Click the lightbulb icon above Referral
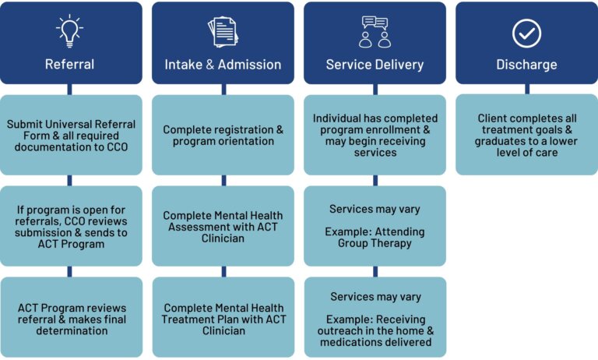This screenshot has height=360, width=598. tap(70, 30)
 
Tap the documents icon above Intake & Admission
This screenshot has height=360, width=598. tap(223, 31)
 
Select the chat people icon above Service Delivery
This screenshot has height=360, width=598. tap(375, 31)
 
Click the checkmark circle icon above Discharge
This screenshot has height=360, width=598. tap(526, 32)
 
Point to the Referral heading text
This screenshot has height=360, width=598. tap(71, 65)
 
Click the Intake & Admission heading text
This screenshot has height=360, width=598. tap(223, 65)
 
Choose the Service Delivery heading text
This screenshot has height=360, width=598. tap(375, 65)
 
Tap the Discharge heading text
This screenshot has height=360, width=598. tap(526, 65)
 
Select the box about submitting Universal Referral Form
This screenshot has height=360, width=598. tap(71, 135)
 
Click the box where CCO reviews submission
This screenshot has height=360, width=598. tap(71, 225)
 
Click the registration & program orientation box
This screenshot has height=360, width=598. tap(223, 135)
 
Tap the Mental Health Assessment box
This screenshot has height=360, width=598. tap(223, 226)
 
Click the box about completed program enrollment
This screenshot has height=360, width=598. tap(375, 135)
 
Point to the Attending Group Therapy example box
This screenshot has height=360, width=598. tap(375, 226)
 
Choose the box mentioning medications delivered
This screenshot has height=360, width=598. tap(375, 319)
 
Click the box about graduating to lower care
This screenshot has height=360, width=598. tap(526, 135)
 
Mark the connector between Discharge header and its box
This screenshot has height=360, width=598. tap(526, 90)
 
